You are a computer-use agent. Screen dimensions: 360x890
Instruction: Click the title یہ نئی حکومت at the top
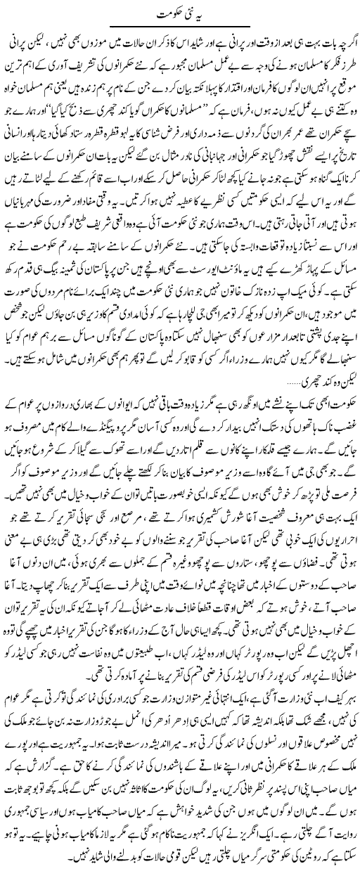point(180,13)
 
